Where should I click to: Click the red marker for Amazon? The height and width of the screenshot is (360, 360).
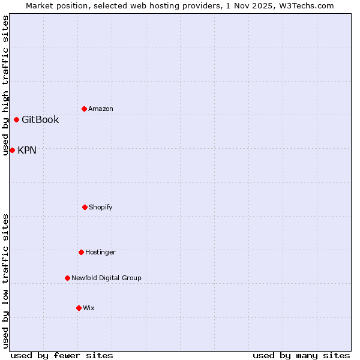tap(84, 109)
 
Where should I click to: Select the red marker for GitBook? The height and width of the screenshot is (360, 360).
tap(16, 119)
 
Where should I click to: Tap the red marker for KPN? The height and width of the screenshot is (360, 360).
tap(12, 150)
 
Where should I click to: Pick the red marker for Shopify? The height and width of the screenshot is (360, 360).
tap(85, 207)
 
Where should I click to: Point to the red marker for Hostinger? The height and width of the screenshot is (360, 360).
tap(81, 252)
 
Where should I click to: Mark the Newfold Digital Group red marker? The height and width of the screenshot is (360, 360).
tap(67, 278)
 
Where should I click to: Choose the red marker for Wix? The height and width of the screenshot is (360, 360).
tap(79, 308)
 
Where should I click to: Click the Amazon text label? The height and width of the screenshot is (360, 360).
tap(101, 109)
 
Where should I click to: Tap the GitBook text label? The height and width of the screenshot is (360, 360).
tap(40, 119)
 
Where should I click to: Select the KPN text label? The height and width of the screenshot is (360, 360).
tap(27, 150)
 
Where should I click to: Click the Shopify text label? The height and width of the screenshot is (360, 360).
tap(101, 207)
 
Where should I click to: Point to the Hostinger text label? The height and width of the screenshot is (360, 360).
tap(100, 252)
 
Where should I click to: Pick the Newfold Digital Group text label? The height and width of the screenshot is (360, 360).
tap(106, 278)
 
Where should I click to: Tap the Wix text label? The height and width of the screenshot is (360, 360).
tap(89, 308)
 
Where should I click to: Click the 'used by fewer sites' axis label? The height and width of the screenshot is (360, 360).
tap(62, 355)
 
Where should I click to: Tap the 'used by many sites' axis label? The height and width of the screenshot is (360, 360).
tap(301, 355)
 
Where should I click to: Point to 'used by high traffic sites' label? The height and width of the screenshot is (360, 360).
tap(5, 85)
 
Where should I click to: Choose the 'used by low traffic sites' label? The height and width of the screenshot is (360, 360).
tap(5, 280)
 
